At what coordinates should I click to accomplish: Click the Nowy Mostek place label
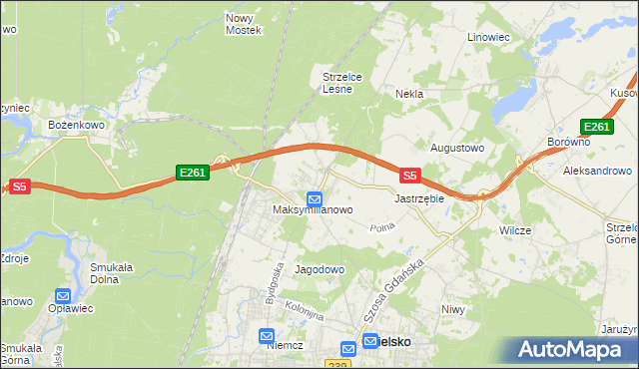[243, 24]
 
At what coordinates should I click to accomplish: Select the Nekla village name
[409, 94]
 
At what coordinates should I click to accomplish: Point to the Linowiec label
[489, 37]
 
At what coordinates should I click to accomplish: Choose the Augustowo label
[456, 148]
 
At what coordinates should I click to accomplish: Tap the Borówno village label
[569, 143]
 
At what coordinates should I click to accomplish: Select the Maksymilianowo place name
[314, 211]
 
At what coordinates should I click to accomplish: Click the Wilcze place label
[514, 230]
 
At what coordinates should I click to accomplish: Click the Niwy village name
[453, 309]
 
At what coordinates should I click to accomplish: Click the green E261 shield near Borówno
[596, 127]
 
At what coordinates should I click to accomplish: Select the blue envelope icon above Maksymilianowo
[315, 197]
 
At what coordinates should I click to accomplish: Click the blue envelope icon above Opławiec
[63, 296]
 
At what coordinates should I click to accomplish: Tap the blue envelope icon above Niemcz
[267, 337]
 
